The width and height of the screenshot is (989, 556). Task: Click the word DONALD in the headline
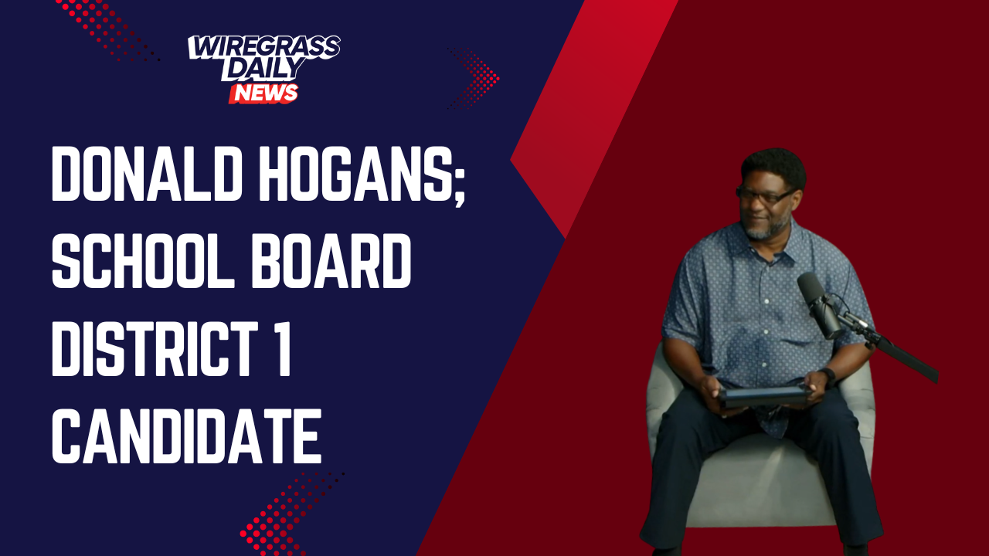pyautogui.click(x=147, y=174)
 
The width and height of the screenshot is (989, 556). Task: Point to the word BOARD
pyautogui.click(x=331, y=260)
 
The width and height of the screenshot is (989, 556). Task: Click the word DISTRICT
pyautogui.click(x=155, y=348)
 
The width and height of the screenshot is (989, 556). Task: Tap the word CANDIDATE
pyautogui.click(x=186, y=436)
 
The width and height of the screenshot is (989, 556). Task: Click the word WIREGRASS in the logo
pyautogui.click(x=264, y=47)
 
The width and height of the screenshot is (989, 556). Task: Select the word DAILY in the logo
pyautogui.click(x=263, y=69)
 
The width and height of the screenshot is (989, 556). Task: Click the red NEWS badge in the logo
pyautogui.click(x=263, y=93)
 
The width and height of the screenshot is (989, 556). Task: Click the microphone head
pyautogui.click(x=820, y=304)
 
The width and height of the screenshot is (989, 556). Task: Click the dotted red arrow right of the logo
pyautogui.click(x=474, y=78)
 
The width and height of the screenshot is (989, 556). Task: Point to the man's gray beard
pyautogui.click(x=765, y=227)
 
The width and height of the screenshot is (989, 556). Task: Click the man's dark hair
pyautogui.click(x=773, y=168)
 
